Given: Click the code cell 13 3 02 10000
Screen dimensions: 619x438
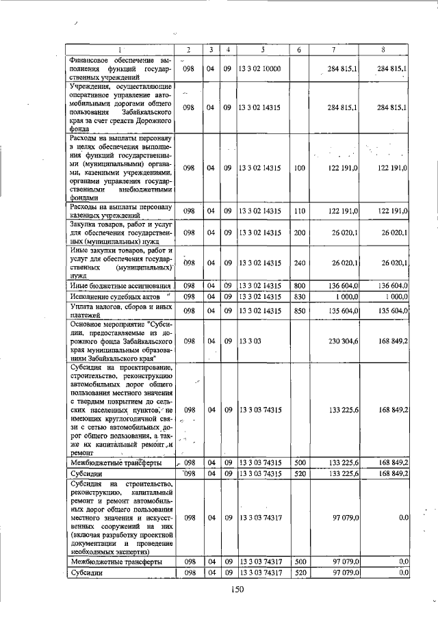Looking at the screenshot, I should coord(262,68).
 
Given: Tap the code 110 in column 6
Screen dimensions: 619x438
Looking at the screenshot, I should coord(299,211).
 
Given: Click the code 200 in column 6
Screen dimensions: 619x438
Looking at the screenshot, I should coord(299,233).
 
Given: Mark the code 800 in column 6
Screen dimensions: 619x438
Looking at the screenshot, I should coord(299,285).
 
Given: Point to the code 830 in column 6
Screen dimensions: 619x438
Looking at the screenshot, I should coord(299,296).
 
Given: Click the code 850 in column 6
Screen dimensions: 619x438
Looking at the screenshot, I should coord(299,311).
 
